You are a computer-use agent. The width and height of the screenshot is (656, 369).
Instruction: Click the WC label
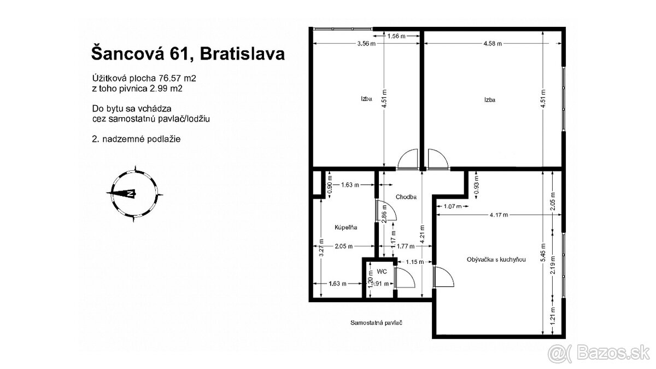382,271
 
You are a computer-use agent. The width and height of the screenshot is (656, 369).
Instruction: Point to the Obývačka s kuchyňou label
496,260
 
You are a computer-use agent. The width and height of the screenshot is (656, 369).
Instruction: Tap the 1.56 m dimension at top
396,37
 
